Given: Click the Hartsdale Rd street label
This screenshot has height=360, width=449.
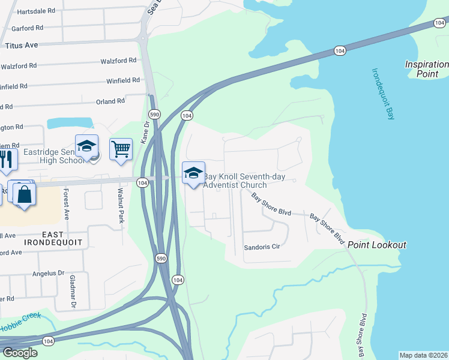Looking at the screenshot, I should click(36, 11).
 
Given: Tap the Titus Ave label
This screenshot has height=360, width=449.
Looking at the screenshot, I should click(22, 45).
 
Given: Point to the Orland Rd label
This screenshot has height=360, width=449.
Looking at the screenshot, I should click(110, 101).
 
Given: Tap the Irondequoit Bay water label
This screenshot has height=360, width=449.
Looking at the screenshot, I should click(383, 94).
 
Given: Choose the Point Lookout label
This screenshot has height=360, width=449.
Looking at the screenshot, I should click(377, 245).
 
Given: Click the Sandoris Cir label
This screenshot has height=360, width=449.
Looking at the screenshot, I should click(262, 247).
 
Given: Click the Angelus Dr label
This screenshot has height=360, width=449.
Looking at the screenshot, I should click(48, 273).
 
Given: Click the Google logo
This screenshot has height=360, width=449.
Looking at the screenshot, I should click(19, 353).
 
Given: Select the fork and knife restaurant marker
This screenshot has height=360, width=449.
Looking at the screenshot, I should click(5, 159).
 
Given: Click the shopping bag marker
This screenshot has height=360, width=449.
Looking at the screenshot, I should click(25, 194).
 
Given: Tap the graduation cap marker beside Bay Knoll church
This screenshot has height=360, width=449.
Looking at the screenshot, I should click(193, 173).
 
